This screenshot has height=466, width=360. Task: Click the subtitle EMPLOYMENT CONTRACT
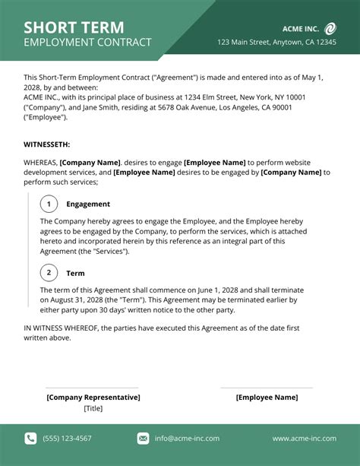(87, 43)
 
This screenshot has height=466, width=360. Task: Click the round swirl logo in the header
(330, 28)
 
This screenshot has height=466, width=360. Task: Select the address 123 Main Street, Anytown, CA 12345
(276, 43)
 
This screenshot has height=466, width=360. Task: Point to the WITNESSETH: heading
(47, 144)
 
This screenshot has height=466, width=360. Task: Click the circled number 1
(49, 204)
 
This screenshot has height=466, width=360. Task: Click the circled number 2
(49, 272)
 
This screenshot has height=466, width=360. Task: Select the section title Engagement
(88, 204)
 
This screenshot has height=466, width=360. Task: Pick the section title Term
(75, 273)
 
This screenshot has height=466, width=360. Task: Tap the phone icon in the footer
(30, 438)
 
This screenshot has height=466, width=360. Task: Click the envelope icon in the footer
(143, 438)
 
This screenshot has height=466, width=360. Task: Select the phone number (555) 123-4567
(67, 438)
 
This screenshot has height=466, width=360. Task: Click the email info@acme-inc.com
(187, 438)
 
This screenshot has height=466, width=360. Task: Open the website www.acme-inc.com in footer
(304, 438)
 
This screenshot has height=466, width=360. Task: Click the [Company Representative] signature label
(93, 397)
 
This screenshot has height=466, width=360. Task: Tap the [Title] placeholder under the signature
(93, 408)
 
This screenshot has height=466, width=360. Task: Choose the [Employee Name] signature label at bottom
(267, 397)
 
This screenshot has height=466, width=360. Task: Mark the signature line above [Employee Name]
(267, 388)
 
